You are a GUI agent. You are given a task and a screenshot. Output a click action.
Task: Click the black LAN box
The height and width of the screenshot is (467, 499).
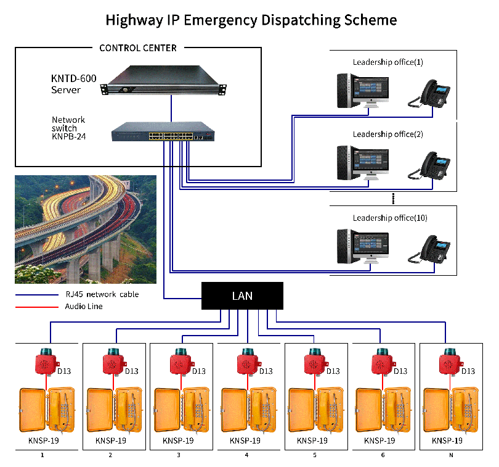tap(242, 295)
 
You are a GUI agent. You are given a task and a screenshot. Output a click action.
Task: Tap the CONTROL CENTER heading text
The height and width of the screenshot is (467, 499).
tap(137, 48)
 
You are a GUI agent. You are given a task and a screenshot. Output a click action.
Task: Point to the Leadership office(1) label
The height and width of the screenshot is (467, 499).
tap(387, 62)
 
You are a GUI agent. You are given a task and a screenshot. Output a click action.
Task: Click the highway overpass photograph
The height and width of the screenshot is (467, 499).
tap(86, 229)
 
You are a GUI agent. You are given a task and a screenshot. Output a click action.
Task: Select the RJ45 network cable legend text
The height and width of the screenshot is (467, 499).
tap(102, 294)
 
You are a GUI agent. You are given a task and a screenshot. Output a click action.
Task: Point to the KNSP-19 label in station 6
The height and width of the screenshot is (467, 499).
tap(379, 440)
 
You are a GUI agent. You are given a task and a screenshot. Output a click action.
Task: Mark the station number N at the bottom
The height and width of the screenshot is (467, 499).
tap(450, 456)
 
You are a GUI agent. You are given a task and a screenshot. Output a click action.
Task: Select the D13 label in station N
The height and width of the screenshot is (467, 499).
tap(468, 371)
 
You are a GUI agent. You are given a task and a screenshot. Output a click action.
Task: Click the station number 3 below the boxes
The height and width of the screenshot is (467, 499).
tap(179, 456)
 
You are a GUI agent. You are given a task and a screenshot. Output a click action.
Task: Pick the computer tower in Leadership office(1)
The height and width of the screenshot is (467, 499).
tap(344, 91)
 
